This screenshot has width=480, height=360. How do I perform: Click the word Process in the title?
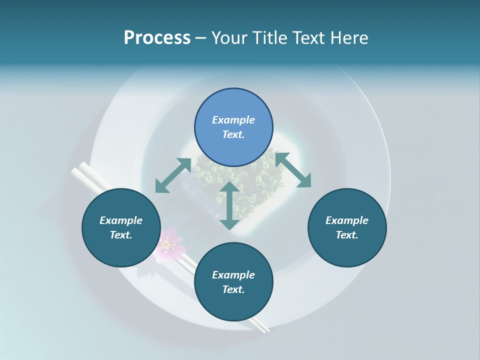pyautogui.click(x=157, y=38)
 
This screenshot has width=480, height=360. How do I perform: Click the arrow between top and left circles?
pyautogui.click(x=173, y=175)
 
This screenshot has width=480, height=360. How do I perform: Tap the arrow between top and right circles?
pyautogui.click(x=293, y=169)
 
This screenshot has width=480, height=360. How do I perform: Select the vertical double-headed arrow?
pyautogui.click(x=229, y=205)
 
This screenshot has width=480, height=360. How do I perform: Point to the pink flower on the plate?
pyautogui.click(x=169, y=243)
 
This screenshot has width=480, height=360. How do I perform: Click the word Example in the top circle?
pyautogui.click(x=233, y=120)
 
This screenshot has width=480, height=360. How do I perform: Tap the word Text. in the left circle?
pyautogui.click(x=121, y=235)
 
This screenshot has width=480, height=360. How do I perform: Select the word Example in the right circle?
pyautogui.click(x=347, y=220)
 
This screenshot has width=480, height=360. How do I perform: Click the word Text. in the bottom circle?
pyautogui.click(x=233, y=289)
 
